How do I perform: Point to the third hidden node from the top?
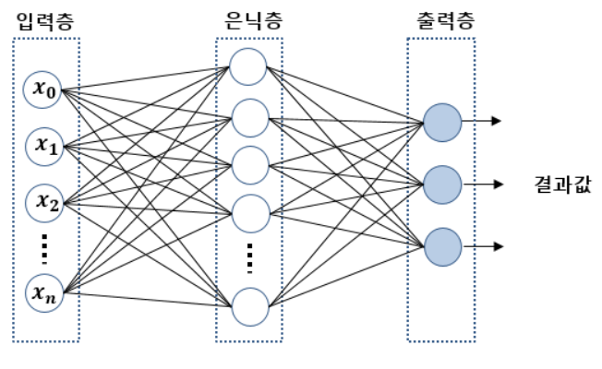(248, 165)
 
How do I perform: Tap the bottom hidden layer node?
(248, 306)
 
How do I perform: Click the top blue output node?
(441, 121)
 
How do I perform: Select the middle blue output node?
(441, 183)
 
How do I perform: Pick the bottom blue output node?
(441, 245)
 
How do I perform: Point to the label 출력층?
(440, 21)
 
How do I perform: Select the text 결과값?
(563, 184)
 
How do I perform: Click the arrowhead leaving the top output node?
(499, 121)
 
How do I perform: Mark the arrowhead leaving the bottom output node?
(499, 245)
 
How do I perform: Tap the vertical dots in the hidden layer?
(248, 259)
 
